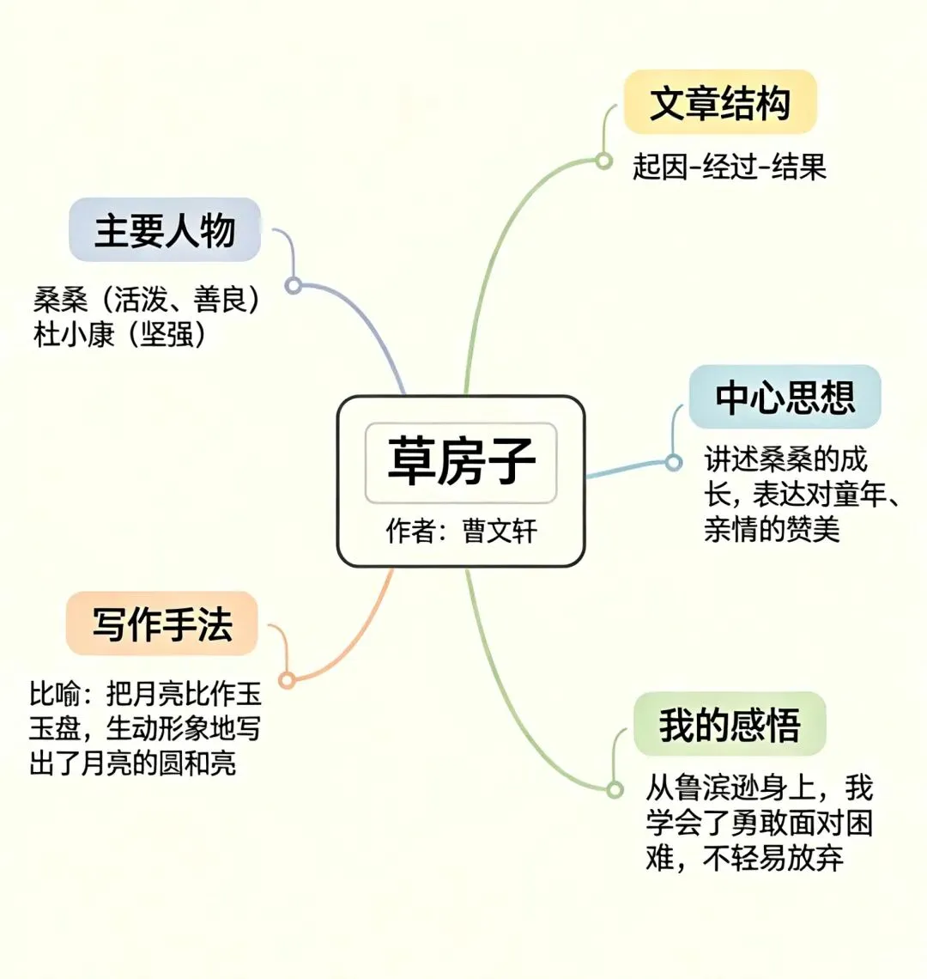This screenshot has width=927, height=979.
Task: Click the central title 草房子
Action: (461, 460)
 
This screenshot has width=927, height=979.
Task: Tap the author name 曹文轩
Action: (500, 531)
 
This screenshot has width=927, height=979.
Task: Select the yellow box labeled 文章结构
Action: (719, 103)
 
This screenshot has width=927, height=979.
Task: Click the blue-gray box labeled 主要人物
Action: (165, 230)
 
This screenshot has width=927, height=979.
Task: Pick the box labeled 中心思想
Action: (785, 398)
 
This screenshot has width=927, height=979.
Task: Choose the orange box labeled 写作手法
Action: (162, 623)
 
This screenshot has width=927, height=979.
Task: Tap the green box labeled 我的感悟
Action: (730, 725)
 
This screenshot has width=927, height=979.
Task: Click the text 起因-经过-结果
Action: (729, 166)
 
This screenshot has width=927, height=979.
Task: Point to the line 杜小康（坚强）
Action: (120, 334)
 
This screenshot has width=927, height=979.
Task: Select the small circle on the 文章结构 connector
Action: (604, 161)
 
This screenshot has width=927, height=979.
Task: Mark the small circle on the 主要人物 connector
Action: (294, 285)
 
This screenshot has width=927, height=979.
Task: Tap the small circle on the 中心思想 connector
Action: (674, 463)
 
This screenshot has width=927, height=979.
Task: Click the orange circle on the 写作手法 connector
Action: (288, 680)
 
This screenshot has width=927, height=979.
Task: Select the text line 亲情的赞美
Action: (771, 529)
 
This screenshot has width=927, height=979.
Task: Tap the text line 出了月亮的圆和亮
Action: (133, 763)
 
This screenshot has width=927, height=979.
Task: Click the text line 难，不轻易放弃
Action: (744, 858)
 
